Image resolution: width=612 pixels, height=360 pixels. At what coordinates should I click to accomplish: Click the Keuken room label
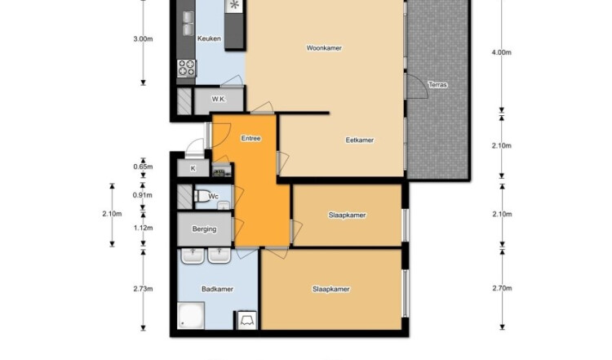pyautogui.click(x=209, y=38)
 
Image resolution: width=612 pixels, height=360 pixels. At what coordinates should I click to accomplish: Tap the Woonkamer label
pyautogui.click(x=324, y=48)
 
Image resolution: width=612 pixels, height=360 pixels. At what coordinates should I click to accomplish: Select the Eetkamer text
pyautogui.click(x=360, y=140)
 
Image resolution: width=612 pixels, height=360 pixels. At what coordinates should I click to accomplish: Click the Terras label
pyautogui.click(x=437, y=85)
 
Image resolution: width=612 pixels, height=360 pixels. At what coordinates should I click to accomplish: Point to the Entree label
pyautogui.click(x=251, y=138)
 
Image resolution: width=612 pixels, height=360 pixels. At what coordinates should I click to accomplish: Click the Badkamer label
pyautogui.click(x=217, y=289)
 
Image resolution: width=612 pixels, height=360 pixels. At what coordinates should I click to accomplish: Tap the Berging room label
pyautogui.click(x=204, y=229)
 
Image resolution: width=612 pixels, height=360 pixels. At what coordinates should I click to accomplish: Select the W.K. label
pyautogui.click(x=219, y=99)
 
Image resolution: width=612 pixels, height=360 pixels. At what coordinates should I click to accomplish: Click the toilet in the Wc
pyautogui.click(x=202, y=196)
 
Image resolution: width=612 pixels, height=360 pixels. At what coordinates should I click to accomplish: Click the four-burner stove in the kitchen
pyautogui.click(x=186, y=68)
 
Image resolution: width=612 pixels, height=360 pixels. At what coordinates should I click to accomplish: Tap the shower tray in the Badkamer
pyautogui.click(x=191, y=315)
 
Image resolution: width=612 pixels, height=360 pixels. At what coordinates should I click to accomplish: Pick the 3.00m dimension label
pyautogui.click(x=144, y=39)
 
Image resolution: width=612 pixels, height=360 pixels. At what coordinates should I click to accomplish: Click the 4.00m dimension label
pyautogui.click(x=502, y=52)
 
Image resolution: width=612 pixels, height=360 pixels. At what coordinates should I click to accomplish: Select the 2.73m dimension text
pyautogui.click(x=144, y=289)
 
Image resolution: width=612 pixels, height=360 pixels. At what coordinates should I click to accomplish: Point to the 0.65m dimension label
pyautogui.click(x=144, y=167)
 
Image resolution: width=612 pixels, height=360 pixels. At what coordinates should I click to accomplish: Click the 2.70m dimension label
pyautogui.click(x=502, y=288)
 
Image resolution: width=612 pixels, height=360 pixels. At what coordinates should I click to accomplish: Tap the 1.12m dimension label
pyautogui.click(x=144, y=228)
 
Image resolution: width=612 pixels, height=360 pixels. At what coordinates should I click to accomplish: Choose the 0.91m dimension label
pyautogui.click(x=144, y=195)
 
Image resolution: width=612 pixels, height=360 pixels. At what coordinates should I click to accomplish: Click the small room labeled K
pyautogui.click(x=193, y=169)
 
